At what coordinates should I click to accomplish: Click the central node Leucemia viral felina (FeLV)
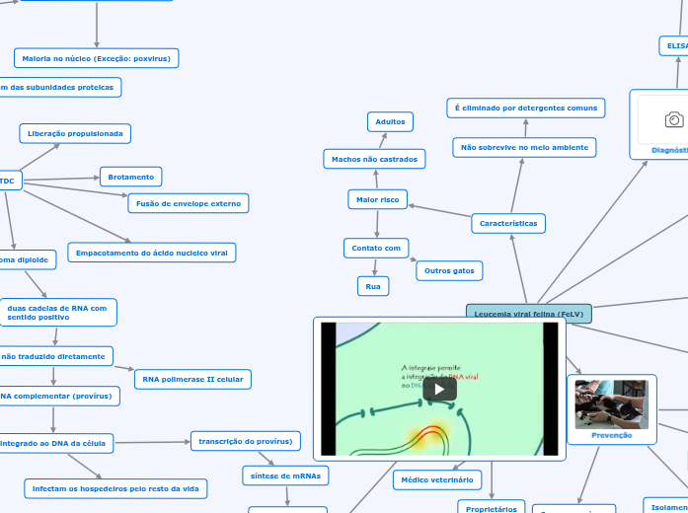point(529,314)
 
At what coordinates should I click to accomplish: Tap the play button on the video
point(439,389)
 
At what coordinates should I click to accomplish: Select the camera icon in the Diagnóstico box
point(674,120)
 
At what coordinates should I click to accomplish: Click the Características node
point(508,224)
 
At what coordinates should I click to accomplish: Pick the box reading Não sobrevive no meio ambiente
point(524,148)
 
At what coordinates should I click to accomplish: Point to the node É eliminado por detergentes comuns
point(526,107)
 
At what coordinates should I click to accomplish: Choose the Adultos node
point(391,121)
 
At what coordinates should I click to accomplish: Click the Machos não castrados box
point(374,159)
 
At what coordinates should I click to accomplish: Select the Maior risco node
point(377,200)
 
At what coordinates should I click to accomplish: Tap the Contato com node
point(376,248)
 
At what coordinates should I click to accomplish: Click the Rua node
point(373,286)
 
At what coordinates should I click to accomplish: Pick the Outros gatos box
point(449,269)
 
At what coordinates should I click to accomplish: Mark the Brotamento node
point(130,177)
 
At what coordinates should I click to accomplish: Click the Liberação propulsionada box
point(75,132)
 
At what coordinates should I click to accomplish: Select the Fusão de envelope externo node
point(188,203)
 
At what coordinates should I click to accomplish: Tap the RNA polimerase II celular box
point(193,379)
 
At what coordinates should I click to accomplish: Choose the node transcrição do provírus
point(245,440)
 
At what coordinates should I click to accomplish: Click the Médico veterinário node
point(436,480)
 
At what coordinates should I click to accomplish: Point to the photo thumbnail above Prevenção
point(611,404)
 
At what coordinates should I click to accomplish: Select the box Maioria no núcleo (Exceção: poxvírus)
point(96,58)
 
